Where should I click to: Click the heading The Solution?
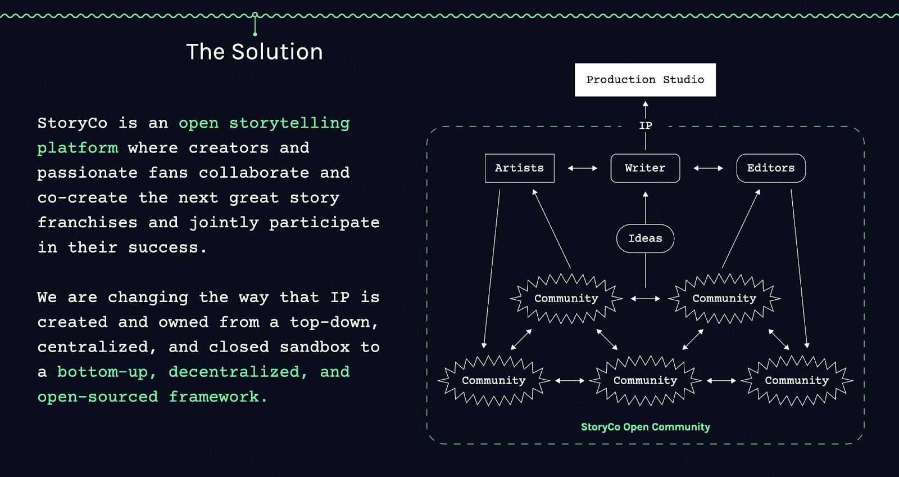[x=255, y=52]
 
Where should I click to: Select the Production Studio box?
[x=645, y=79]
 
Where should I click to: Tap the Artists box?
[x=519, y=168]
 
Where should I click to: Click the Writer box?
[x=645, y=168]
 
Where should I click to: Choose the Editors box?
[x=771, y=168]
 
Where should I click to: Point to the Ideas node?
[x=646, y=238]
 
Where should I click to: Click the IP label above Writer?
[x=646, y=126]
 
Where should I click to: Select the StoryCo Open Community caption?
[x=646, y=427]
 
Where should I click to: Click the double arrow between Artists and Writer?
[x=582, y=168]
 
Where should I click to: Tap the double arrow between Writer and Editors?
[x=709, y=168]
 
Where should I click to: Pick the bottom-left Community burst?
[x=494, y=380]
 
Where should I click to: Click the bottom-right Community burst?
[x=797, y=380]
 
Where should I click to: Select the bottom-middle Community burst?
[x=646, y=380]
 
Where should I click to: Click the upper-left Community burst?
[x=566, y=298]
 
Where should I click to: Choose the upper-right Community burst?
[x=724, y=298]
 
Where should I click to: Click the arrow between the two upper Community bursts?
[x=646, y=299]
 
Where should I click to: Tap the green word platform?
[x=78, y=148]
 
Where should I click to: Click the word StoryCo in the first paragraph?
[x=72, y=123]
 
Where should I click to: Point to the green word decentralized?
[x=238, y=372]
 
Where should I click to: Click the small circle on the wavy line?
[x=255, y=15]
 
